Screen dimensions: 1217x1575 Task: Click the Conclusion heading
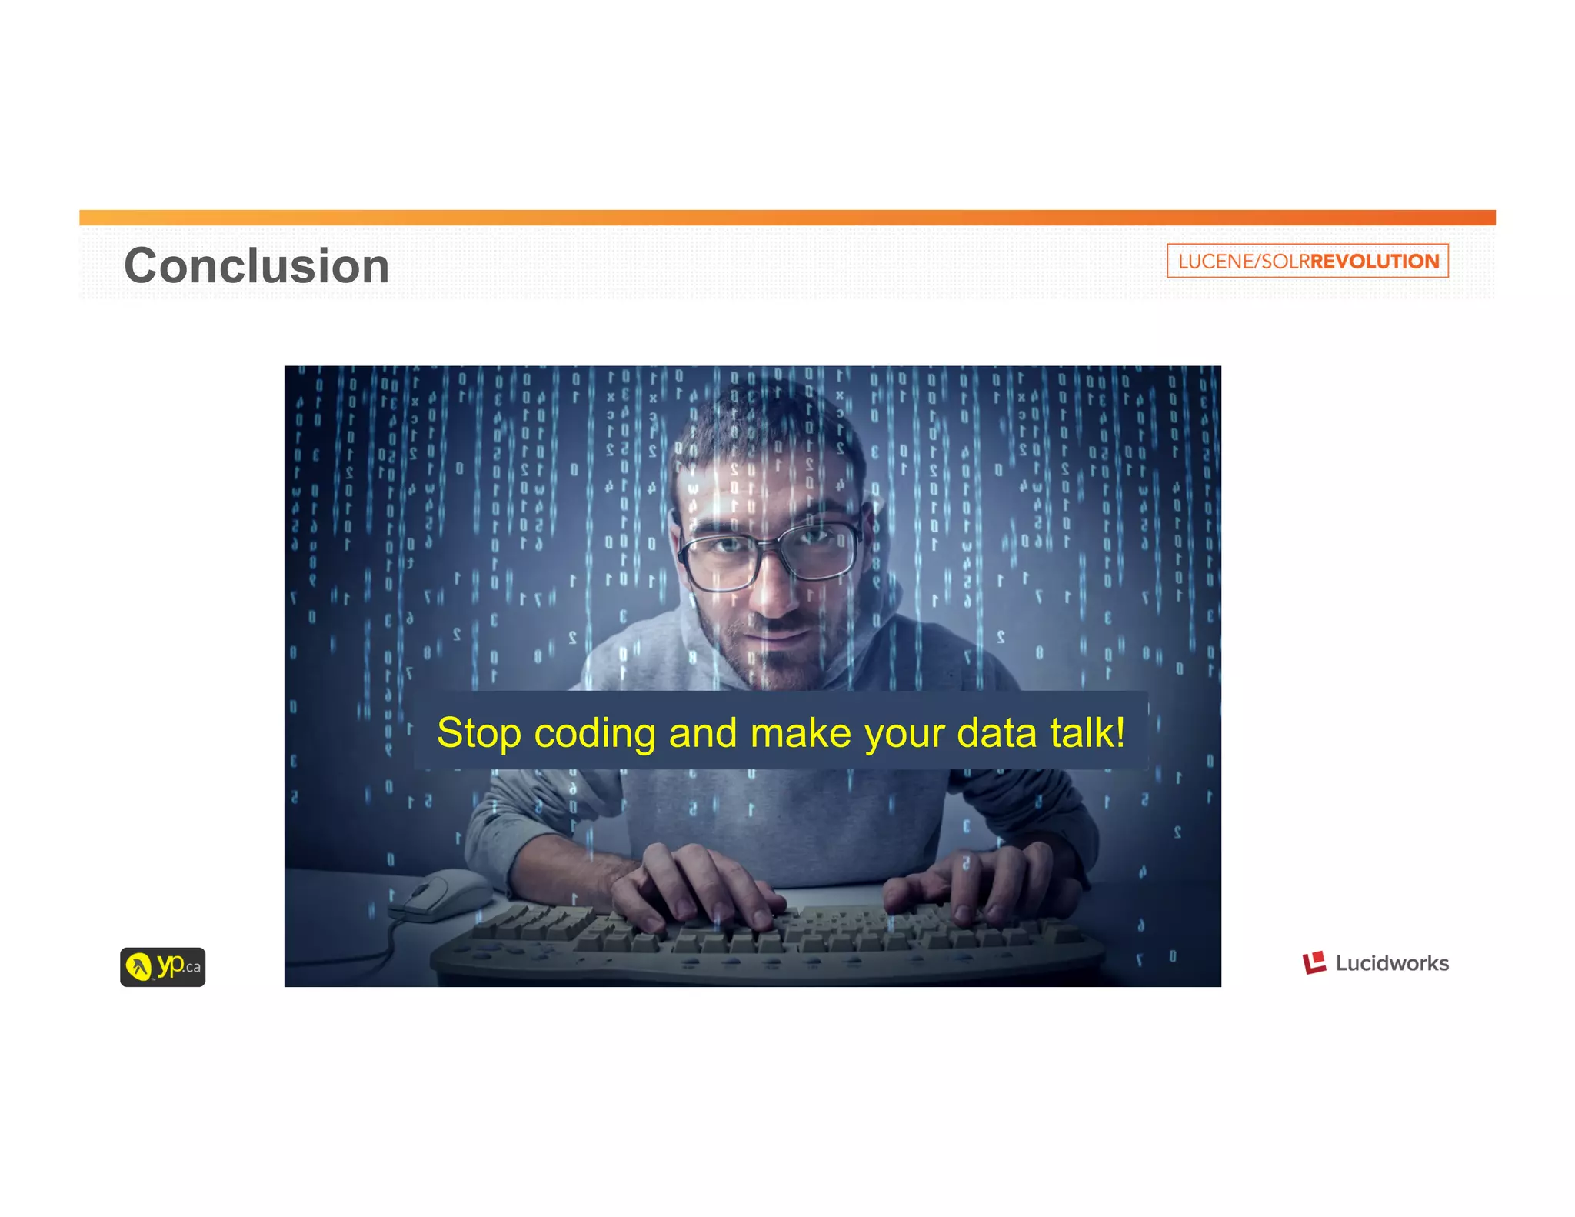(256, 266)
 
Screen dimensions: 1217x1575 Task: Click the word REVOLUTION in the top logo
(1374, 262)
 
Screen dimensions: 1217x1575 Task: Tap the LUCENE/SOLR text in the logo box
(1243, 262)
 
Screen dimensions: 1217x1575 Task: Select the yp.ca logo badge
(162, 967)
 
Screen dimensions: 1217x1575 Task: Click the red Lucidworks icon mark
(1314, 962)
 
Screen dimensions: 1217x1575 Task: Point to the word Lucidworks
(1392, 963)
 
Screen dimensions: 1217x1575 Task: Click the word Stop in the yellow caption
(478, 732)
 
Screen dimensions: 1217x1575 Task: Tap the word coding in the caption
(594, 734)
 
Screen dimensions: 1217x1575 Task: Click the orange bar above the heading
(787, 218)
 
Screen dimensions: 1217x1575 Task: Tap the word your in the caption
(905, 734)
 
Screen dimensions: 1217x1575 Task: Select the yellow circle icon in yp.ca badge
(139, 966)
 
